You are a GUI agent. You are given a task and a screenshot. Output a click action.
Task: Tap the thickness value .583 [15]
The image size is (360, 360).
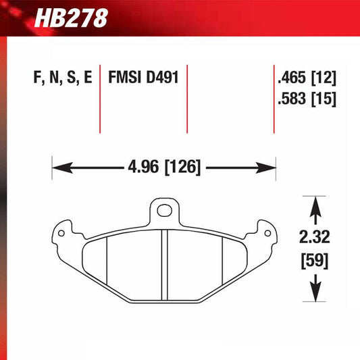click(x=305, y=99)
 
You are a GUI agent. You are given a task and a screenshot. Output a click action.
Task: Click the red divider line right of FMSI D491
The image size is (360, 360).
click(x=186, y=98)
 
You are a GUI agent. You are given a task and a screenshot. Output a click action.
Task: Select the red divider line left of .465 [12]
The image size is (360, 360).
click(x=274, y=98)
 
